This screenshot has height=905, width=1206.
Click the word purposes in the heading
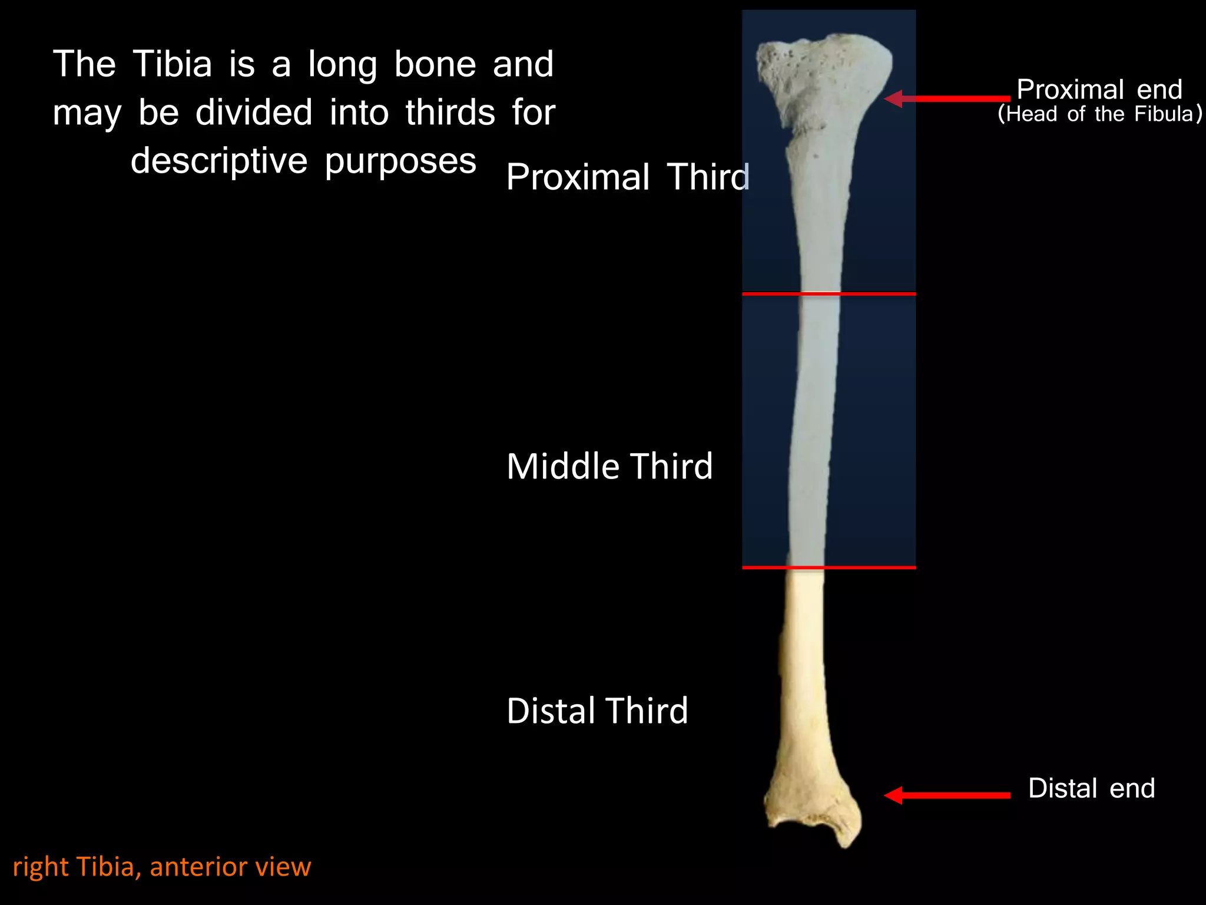coord(400,161)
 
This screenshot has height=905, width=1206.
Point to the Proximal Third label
coord(628,177)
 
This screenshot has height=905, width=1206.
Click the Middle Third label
coord(609,466)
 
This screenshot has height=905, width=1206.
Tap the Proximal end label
coord(1099,90)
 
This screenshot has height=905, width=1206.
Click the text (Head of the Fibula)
coord(1099,114)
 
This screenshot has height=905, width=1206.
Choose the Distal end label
coord(1091,788)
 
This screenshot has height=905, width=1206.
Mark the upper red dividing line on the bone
coord(829,293)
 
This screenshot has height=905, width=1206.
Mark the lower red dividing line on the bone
coord(829,567)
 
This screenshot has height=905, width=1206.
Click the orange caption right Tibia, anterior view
coord(162,867)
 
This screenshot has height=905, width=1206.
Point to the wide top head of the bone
coord(824,77)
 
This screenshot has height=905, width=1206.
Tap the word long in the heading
coord(342,65)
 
